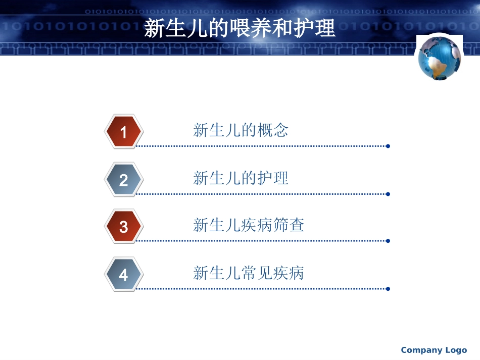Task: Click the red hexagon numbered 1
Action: (x=124, y=132)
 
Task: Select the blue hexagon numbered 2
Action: (x=124, y=180)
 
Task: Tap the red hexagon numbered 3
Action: (x=124, y=227)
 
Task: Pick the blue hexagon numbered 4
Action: (x=124, y=275)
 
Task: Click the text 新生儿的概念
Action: (x=241, y=130)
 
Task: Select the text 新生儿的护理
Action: (x=241, y=178)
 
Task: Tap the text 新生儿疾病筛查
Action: (x=249, y=225)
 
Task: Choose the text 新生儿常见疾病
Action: (x=249, y=273)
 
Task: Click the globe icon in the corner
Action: (x=439, y=58)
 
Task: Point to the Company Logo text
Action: (x=434, y=350)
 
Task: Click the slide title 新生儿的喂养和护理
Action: (x=239, y=28)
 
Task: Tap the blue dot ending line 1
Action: (x=388, y=146)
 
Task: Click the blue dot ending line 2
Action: (x=388, y=194)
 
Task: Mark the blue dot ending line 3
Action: (x=388, y=241)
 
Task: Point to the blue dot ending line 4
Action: (x=388, y=289)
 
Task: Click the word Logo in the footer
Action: (x=456, y=350)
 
